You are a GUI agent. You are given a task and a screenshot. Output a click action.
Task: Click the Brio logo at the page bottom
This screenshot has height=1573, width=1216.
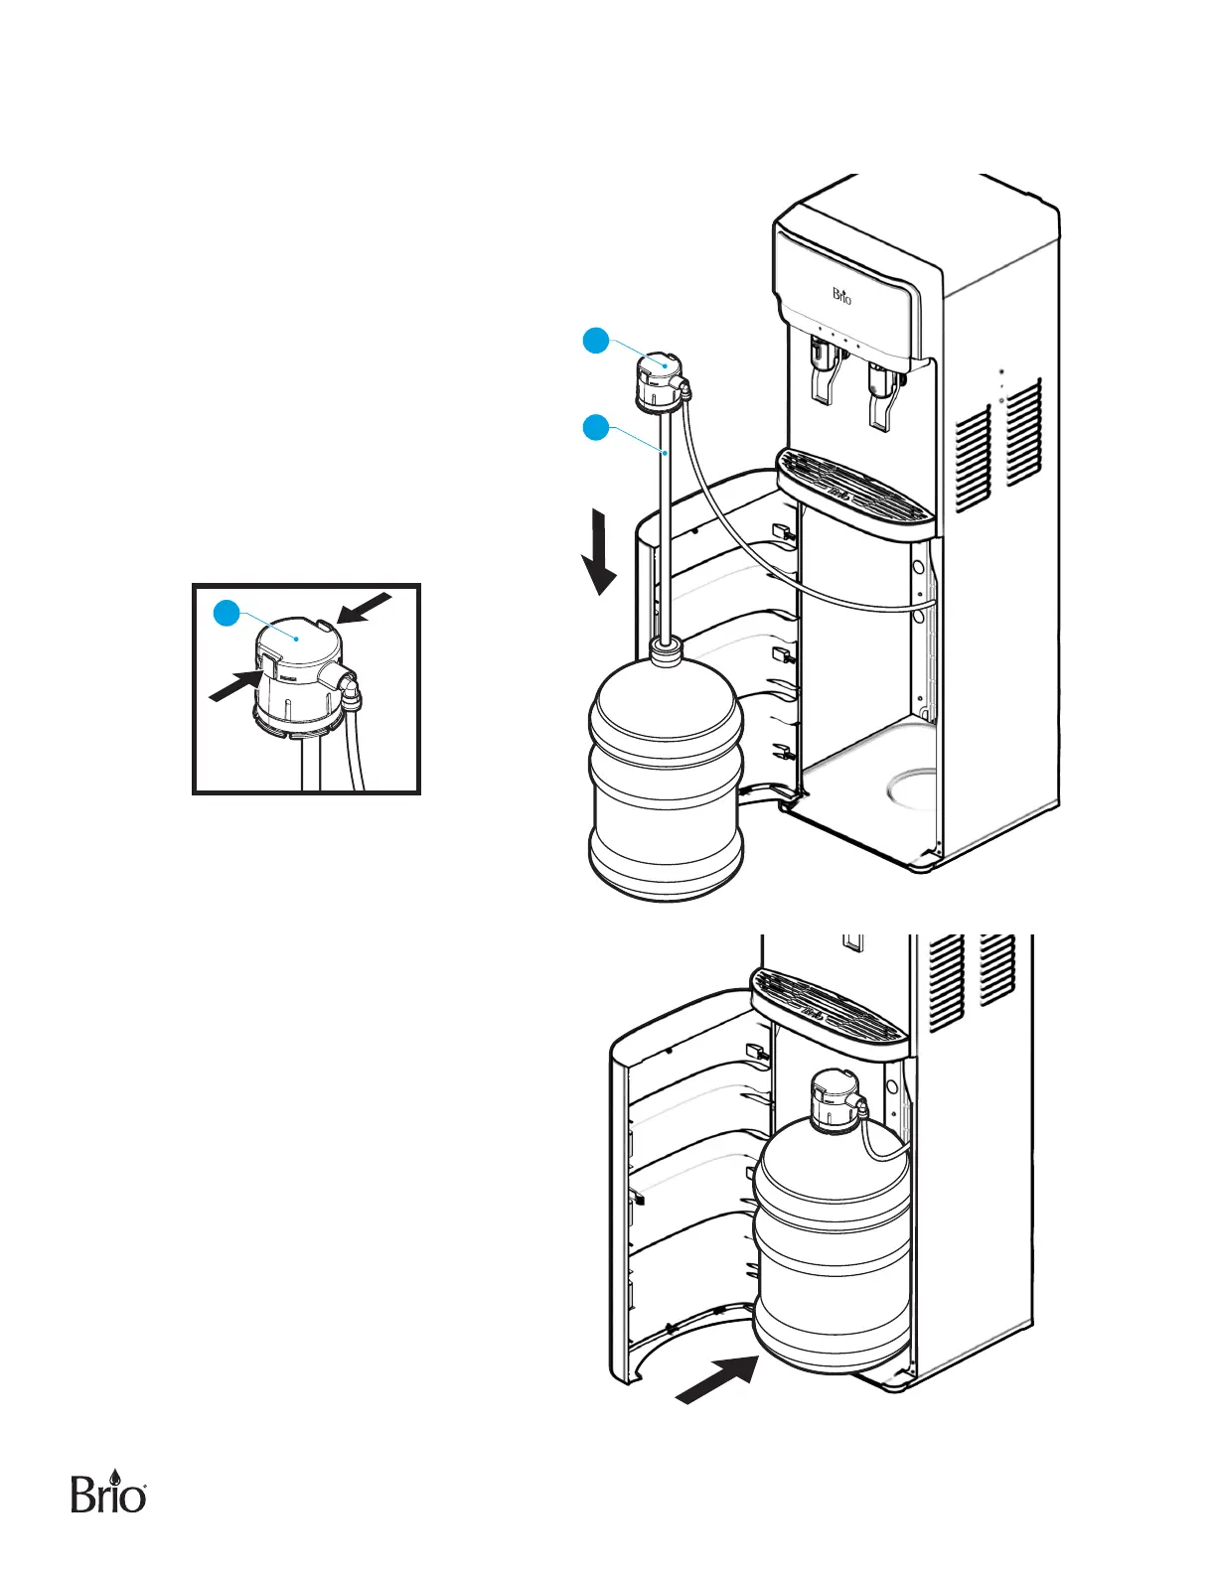coord(109,1492)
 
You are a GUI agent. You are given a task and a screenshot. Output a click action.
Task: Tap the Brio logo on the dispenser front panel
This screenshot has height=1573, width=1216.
coord(841,295)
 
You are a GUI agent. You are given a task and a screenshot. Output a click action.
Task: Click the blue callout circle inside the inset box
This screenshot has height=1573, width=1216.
coord(228,613)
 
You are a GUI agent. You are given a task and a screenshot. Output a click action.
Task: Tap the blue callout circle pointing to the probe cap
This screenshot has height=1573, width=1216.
coord(595,341)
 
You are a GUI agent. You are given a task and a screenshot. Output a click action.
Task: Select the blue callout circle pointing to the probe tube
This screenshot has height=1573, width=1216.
coord(595,428)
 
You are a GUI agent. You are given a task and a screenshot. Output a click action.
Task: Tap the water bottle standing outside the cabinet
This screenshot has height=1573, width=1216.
coord(666,780)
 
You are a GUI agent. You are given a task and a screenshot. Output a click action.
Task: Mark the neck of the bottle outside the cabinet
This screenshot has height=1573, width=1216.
coord(666,651)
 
